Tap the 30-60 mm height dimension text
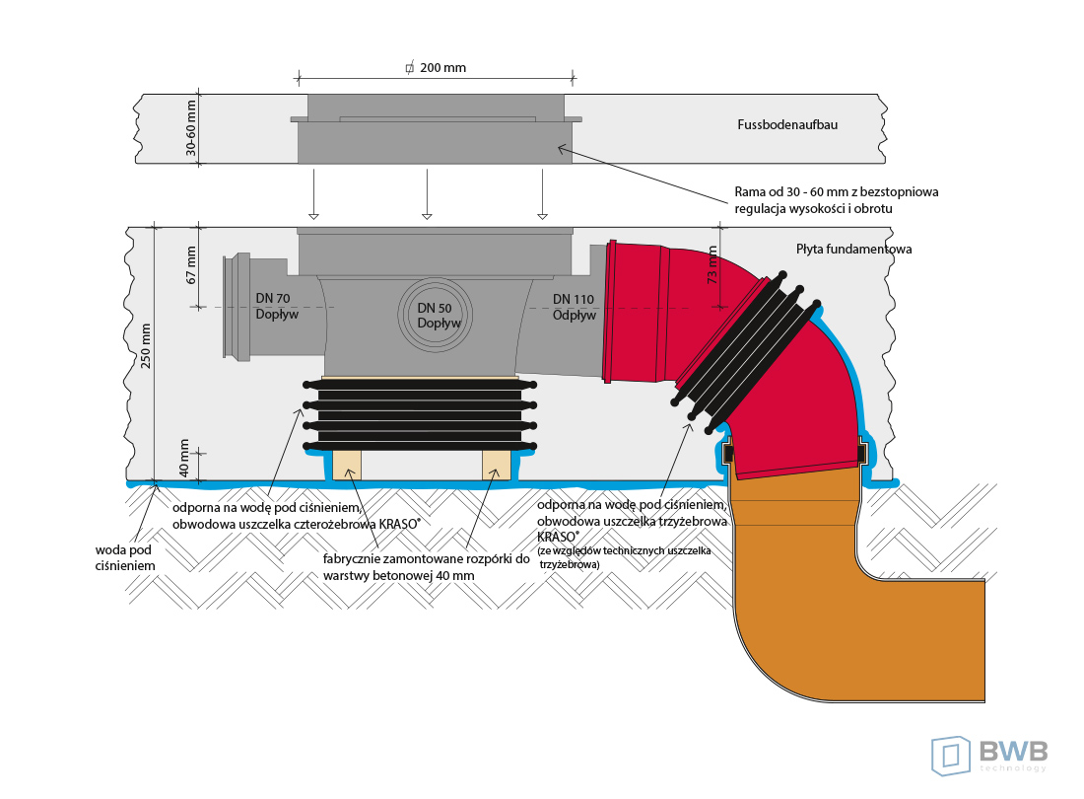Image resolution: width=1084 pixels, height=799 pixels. (192, 128)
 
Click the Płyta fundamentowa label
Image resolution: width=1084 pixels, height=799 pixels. (853, 250)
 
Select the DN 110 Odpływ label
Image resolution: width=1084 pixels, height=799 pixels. (574, 307)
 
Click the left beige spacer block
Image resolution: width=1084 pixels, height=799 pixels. (347, 464)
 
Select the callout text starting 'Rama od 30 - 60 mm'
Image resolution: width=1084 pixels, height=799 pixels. (836, 199)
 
